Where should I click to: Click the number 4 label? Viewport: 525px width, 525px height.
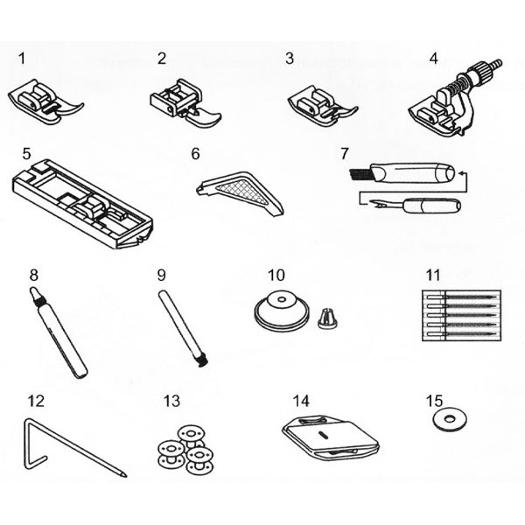pos(434,59)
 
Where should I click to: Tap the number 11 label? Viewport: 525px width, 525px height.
pos(433,276)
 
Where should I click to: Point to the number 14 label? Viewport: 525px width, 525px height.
pos(301,401)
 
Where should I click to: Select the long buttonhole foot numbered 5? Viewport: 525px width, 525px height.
pos(83,204)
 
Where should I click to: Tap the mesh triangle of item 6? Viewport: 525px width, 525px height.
pos(241,192)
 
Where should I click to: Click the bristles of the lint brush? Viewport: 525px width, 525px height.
pos(359,174)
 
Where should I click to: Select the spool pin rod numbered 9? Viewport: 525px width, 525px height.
pos(183,329)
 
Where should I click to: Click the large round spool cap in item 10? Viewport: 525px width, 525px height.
pos(281,311)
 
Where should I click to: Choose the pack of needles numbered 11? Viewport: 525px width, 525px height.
pos(462,315)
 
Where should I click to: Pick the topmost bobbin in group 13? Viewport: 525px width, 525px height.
pos(191,435)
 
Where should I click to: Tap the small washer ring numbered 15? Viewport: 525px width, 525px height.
pos(450,419)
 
